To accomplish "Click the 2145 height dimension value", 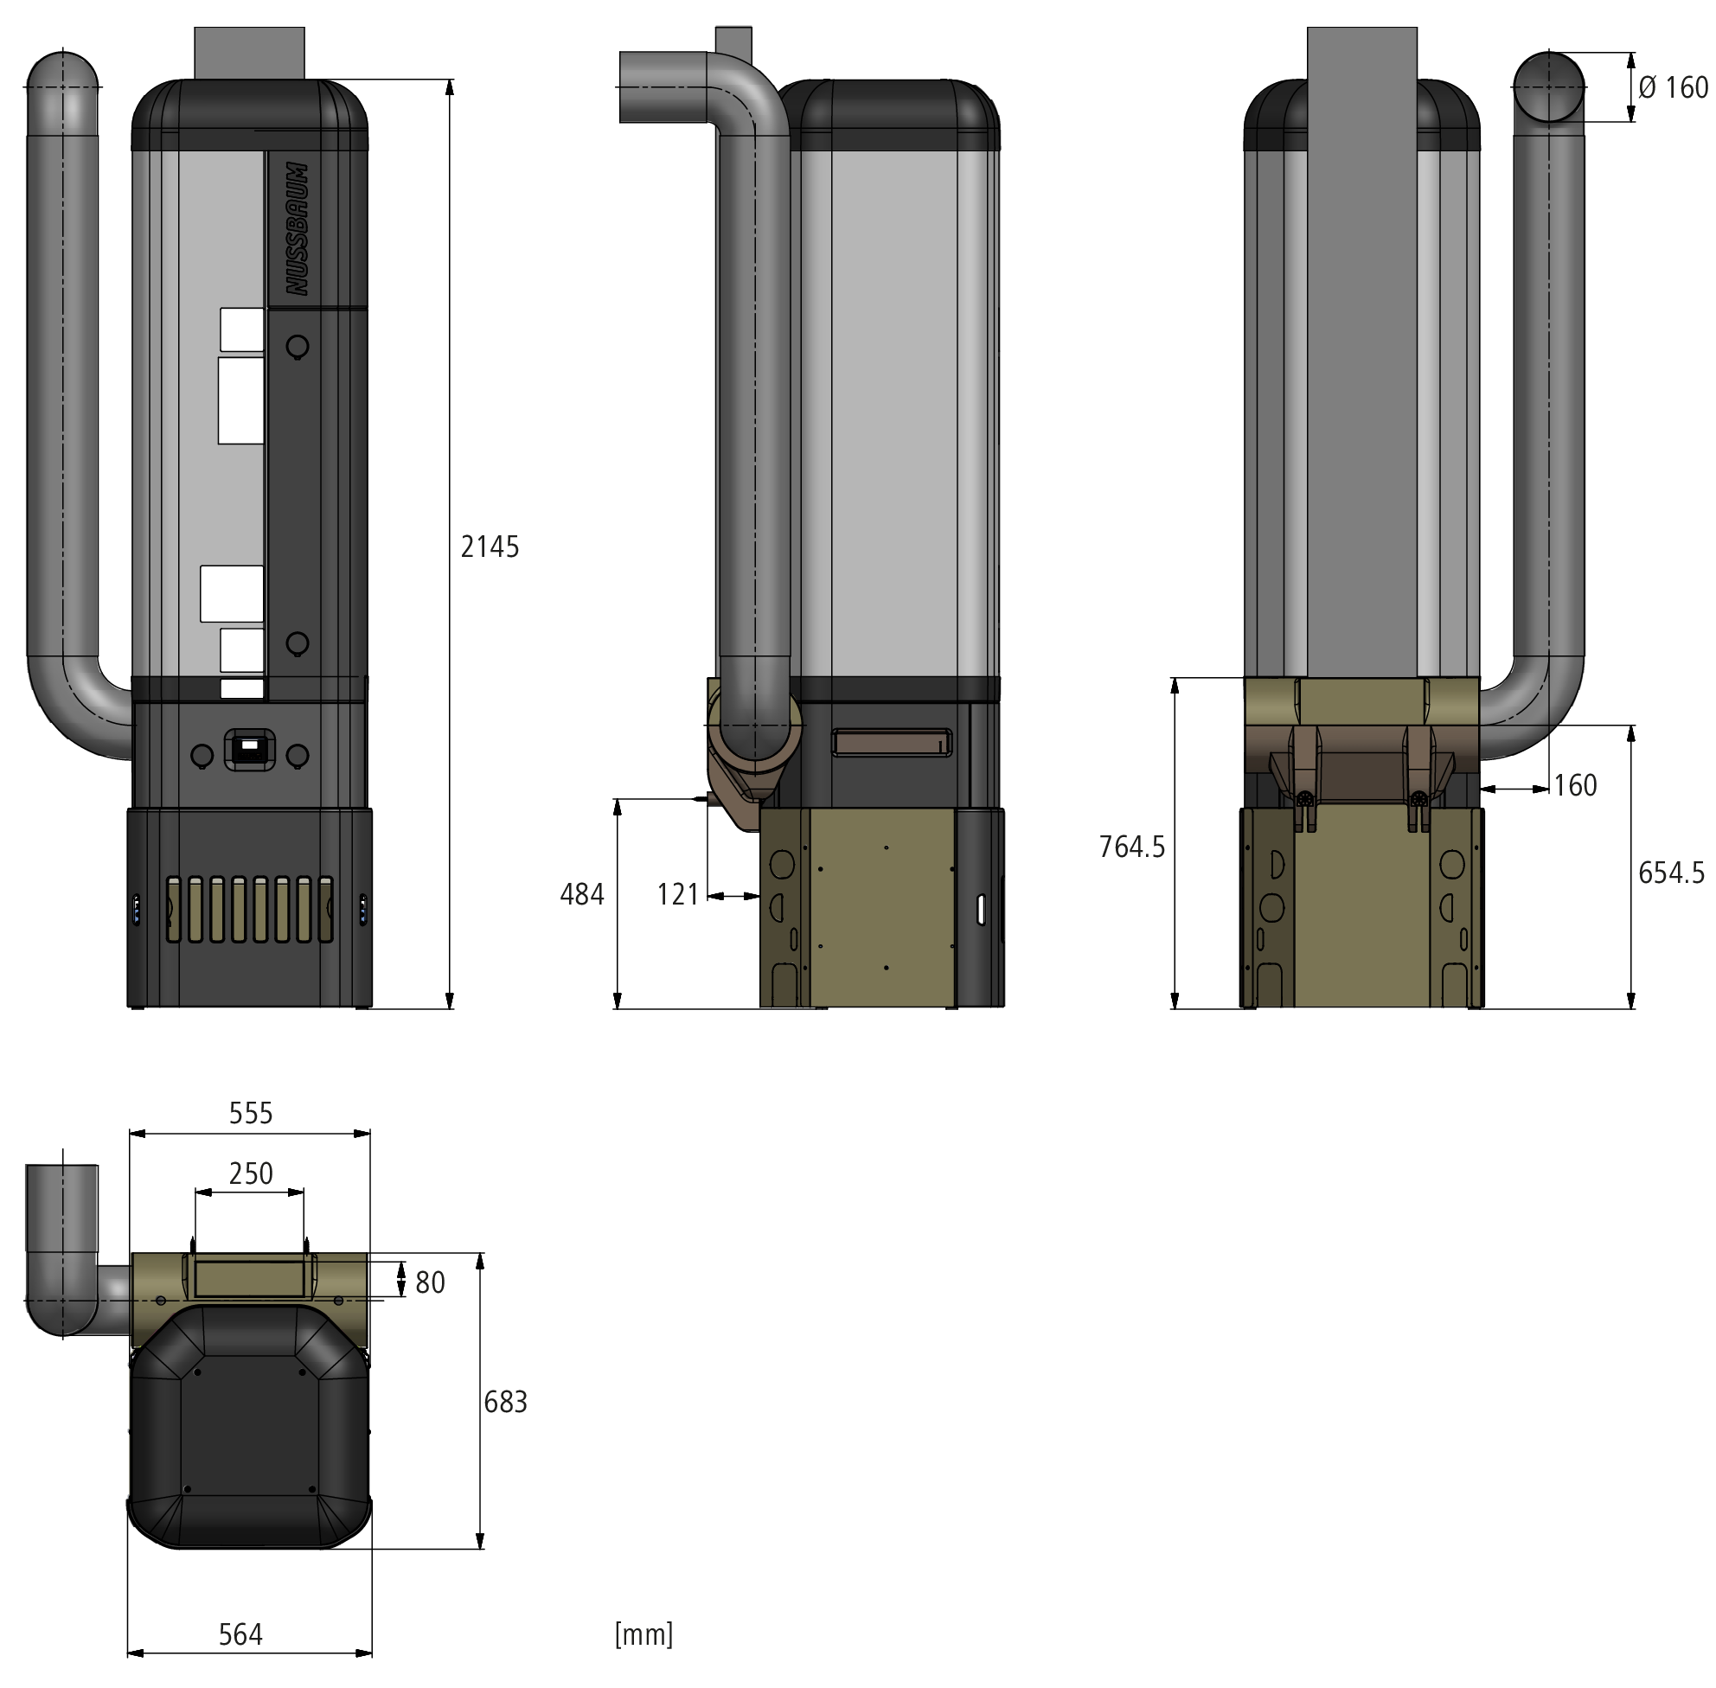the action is click(490, 547).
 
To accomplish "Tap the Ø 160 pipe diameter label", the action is click(1673, 87).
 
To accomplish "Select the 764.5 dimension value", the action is click(1131, 847).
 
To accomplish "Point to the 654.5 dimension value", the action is click(1671, 873).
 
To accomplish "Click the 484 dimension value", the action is click(582, 894).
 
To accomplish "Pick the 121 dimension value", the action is click(677, 894).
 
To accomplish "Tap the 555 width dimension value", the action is click(251, 1113).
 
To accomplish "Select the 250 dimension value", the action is click(251, 1173).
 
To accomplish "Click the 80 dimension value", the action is click(430, 1282).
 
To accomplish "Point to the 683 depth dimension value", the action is click(505, 1402).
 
